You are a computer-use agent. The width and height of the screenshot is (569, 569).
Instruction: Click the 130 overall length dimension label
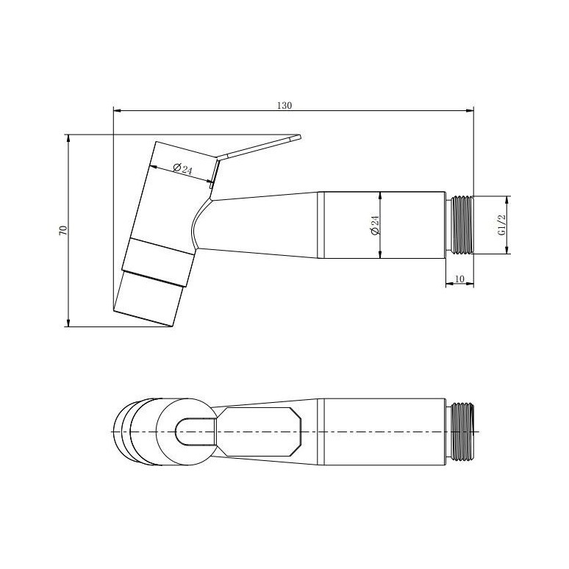click(284, 106)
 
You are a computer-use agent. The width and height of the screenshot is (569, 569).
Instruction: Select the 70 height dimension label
click(63, 230)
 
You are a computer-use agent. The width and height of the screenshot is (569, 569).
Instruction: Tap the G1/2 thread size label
click(502, 226)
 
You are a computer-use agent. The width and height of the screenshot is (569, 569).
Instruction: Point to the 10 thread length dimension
click(459, 279)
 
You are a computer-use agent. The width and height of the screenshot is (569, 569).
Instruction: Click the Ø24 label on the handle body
click(374, 226)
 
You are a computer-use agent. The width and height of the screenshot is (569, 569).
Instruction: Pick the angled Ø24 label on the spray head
click(182, 169)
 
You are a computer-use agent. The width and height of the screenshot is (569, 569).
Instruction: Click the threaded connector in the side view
click(459, 225)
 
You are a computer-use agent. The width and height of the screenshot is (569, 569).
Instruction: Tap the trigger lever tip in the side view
click(299, 137)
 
